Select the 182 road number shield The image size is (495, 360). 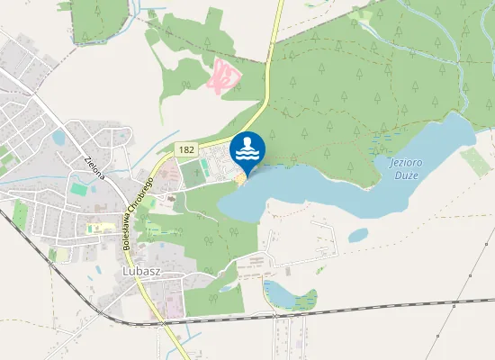click(x=186, y=149)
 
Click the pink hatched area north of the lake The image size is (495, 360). click(x=224, y=76)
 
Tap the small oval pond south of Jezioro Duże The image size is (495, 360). click(x=358, y=235)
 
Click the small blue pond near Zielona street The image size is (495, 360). click(x=58, y=137)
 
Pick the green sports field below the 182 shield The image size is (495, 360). click(x=193, y=173)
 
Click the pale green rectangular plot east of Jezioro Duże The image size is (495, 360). click(x=474, y=161)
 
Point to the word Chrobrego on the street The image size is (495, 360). click(x=144, y=192)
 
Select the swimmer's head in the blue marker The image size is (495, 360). click(x=247, y=141)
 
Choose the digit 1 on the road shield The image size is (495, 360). click(x=181, y=149)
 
